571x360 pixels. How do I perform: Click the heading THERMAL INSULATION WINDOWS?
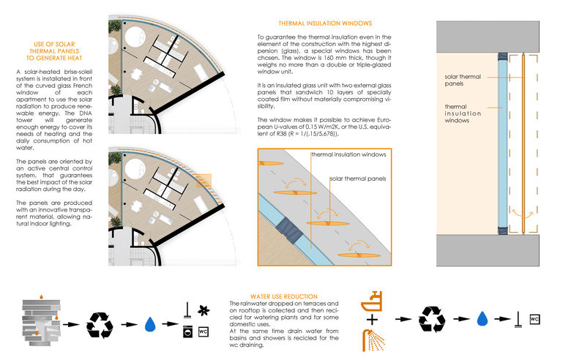point(324,23)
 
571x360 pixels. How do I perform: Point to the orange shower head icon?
point(373,337)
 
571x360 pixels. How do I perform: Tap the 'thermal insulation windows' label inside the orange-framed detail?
point(347,155)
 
